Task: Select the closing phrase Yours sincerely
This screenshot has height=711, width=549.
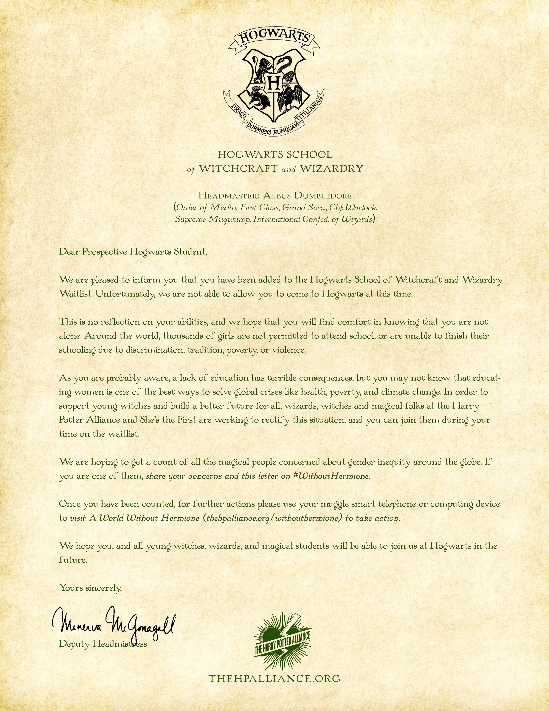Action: (90, 588)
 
